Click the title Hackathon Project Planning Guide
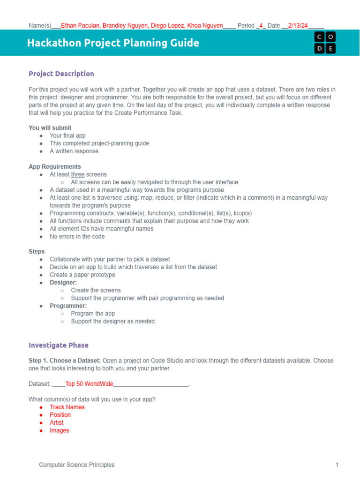click(113, 43)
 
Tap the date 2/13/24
click(298, 25)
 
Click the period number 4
click(261, 25)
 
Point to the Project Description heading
click(61, 74)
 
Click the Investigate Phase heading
click(59, 345)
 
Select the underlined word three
click(78, 174)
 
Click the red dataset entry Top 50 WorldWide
click(89, 384)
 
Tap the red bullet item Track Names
click(67, 407)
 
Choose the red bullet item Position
click(60, 415)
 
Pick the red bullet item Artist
click(56, 422)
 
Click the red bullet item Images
click(59, 430)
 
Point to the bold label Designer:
click(63, 283)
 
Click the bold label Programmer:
click(68, 306)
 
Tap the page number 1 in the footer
click(337, 465)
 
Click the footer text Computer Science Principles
click(76, 465)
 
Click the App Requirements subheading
click(55, 166)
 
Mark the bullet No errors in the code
click(77, 236)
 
